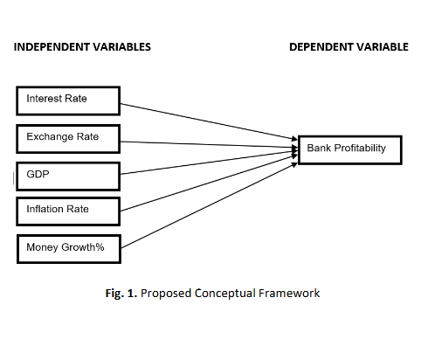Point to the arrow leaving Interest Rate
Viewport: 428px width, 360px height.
(209, 121)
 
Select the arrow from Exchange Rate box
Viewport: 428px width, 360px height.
(209, 145)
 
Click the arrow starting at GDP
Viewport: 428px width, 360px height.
(209, 163)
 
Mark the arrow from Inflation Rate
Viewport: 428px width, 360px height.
(209, 183)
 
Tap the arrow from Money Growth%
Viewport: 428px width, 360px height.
(209, 205)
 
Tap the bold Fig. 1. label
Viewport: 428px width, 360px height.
(121, 294)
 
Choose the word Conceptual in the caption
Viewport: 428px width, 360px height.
(225, 294)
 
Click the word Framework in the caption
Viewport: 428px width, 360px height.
(289, 293)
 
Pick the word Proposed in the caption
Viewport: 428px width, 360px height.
(166, 294)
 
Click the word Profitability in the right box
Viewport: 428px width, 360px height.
(360, 149)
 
